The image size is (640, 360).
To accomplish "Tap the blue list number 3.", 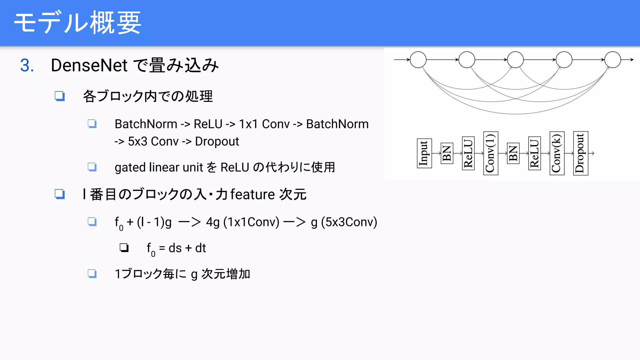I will pyautogui.click(x=27, y=66).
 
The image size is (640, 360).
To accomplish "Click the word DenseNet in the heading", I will pyautogui.click(x=89, y=66).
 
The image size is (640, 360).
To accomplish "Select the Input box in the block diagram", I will pyautogui.click(x=424, y=153).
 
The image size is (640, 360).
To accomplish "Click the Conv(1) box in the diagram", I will pyautogui.click(x=490, y=153).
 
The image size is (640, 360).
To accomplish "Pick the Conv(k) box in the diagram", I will pyautogui.click(x=557, y=153).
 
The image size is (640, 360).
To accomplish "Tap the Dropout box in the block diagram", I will pyautogui.click(x=580, y=153).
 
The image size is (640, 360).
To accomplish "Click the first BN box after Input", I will pyautogui.click(x=447, y=153).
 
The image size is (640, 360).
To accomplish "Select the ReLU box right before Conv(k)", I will pyautogui.click(x=534, y=153).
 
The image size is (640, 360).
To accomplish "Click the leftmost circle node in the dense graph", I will pyautogui.click(x=418, y=60).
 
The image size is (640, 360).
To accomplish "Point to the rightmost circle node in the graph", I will pyautogui.click(x=612, y=60).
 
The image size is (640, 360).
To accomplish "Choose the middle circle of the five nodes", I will pyautogui.click(x=515, y=60).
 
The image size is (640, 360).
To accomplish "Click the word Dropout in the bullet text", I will pyautogui.click(x=217, y=142).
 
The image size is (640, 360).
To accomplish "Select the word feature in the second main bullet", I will pyautogui.click(x=252, y=194).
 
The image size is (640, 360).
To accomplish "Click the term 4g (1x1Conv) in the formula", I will pyautogui.click(x=242, y=222).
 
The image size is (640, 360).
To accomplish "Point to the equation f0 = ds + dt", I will pyautogui.click(x=176, y=248).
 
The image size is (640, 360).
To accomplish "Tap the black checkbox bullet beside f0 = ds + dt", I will pyautogui.click(x=124, y=248).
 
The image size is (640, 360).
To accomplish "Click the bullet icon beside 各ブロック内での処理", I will pyautogui.click(x=60, y=96).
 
